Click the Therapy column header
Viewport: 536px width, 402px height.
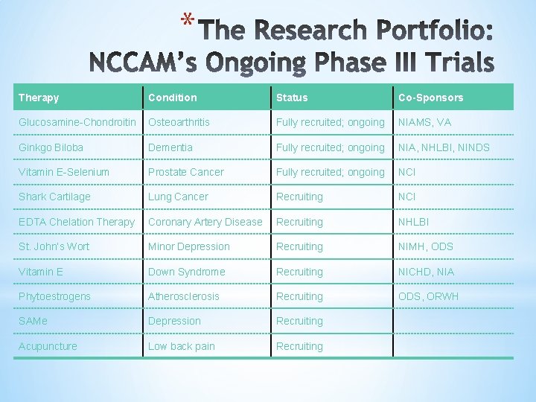pos(39,98)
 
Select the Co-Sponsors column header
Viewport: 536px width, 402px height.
pos(430,98)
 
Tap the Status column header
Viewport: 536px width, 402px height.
pos(292,98)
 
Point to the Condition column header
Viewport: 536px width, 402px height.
pos(173,98)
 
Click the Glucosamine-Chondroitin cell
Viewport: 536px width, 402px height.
pos(77,122)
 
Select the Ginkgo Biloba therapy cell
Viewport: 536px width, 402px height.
pos(51,147)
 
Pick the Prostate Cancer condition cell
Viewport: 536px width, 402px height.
pos(186,172)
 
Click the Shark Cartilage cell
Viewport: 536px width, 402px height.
pos(54,197)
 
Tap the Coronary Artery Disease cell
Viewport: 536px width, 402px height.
pos(205,222)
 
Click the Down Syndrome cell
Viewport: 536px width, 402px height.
pos(187,272)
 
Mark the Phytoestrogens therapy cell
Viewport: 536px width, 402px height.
pos(54,296)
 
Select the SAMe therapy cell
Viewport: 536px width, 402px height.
pos(34,321)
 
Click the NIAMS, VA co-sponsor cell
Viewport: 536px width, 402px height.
pos(425,122)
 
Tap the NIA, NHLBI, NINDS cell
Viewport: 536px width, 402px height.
pos(444,147)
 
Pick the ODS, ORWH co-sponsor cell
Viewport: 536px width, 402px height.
pos(429,296)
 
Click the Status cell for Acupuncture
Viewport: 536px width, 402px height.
pos(299,346)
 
